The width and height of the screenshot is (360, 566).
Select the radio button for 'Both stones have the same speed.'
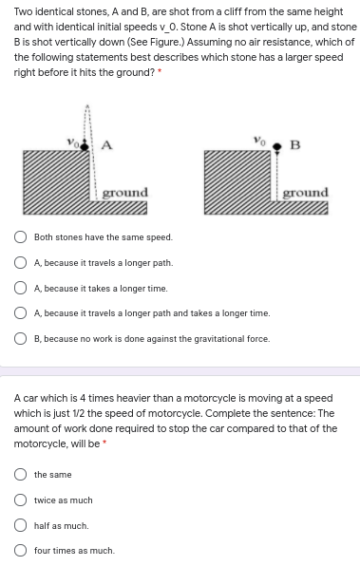coord(21,237)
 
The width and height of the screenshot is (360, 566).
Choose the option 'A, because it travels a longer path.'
coord(21,263)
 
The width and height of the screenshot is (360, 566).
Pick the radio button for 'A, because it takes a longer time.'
coord(21,288)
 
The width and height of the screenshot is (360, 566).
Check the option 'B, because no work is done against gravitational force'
coord(21,339)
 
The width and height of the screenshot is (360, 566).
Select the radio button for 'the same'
coord(21,475)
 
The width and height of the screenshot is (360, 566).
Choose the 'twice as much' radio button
coord(21,500)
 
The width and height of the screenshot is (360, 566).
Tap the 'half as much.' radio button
coord(21,525)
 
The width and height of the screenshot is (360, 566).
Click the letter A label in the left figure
coord(106,146)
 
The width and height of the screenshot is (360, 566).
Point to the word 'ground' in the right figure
coord(305,192)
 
